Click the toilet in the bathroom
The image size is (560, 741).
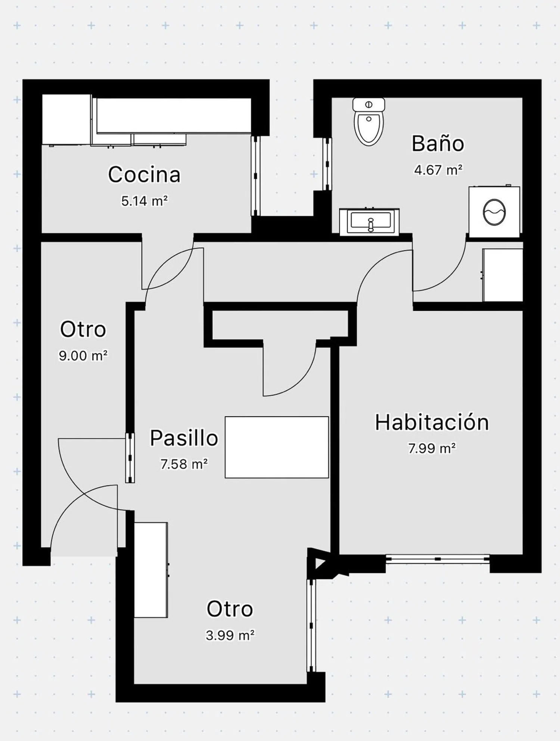click(368, 121)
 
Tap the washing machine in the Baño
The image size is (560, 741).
click(494, 211)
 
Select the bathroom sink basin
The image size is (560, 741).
click(369, 222)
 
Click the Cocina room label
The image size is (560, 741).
click(144, 174)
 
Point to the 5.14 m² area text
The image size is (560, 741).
click(144, 201)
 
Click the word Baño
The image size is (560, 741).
click(438, 143)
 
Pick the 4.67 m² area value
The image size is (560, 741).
click(438, 170)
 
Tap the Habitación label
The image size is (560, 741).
click(432, 422)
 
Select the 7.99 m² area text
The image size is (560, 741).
click(432, 448)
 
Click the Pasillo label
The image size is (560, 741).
click(184, 438)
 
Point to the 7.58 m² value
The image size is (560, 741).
click(184, 464)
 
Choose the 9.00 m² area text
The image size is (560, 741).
click(83, 355)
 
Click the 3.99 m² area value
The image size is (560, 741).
click(230, 635)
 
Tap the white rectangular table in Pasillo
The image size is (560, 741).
click(277, 447)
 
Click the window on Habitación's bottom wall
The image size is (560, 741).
click(438, 559)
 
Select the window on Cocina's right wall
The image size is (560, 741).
click(255, 176)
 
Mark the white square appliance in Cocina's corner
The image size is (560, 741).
click(66, 119)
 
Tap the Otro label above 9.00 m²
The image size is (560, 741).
click(83, 329)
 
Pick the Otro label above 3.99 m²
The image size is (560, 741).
click(230, 609)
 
